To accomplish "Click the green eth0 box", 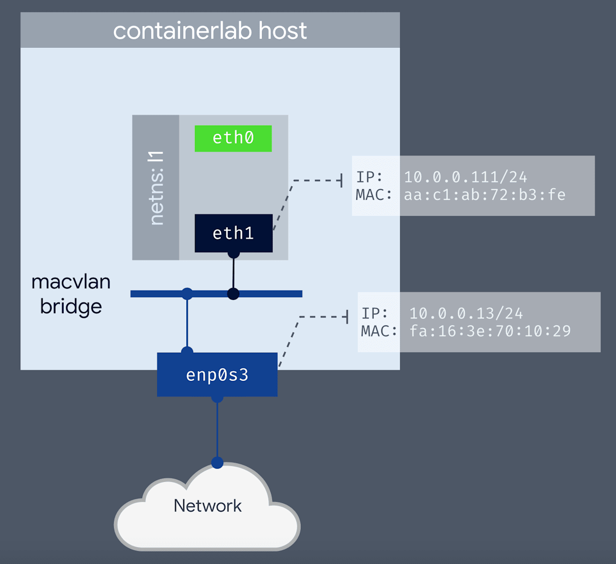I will (233, 138).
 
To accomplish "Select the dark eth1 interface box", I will (234, 233).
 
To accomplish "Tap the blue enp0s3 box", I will (217, 375).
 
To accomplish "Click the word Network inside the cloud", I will (207, 506).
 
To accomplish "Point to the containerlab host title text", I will (209, 31).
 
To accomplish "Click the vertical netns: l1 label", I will (156, 188).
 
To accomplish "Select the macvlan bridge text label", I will (71, 294).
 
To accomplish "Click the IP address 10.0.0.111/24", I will (465, 177).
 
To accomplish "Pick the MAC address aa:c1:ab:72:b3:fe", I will (485, 195).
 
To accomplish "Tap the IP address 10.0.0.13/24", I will (466, 313).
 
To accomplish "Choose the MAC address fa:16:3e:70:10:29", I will (490, 331).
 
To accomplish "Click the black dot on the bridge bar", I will (233, 294).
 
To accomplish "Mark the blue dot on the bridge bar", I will (187, 294).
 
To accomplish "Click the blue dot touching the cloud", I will (217, 462).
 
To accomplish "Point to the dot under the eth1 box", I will (234, 253).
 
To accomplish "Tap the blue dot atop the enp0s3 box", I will (187, 351).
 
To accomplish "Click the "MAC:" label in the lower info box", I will (379, 331).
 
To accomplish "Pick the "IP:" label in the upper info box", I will (370, 177).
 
